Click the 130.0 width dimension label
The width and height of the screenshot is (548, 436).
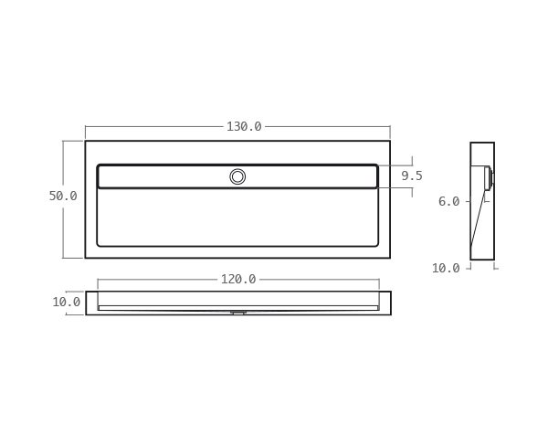click(x=244, y=127)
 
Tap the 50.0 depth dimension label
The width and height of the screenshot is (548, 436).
click(x=63, y=196)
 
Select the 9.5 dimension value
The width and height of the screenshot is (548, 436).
click(x=412, y=175)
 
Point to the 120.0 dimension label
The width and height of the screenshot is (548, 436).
click(x=238, y=279)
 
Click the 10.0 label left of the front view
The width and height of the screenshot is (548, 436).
click(x=66, y=302)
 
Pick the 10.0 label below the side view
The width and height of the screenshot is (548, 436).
click(x=446, y=268)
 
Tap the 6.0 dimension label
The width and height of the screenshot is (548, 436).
click(x=448, y=201)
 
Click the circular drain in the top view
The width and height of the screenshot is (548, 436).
click(x=237, y=176)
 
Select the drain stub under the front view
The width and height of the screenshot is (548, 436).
click(x=238, y=313)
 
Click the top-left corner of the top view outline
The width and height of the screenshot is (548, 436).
click(x=86, y=141)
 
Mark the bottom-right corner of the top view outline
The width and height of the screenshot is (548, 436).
click(x=390, y=258)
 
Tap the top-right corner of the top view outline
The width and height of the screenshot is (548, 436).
click(x=390, y=141)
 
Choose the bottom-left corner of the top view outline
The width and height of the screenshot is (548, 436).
click(x=86, y=258)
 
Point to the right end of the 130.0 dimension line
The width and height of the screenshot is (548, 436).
click(x=390, y=127)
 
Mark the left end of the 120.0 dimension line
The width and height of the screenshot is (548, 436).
click(x=98, y=279)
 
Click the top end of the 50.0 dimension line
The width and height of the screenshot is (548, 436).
click(x=64, y=141)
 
